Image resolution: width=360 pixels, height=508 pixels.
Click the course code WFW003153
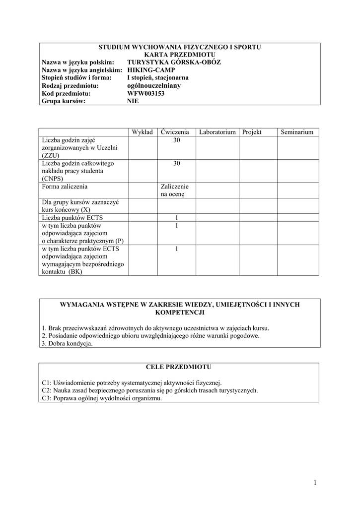(146, 93)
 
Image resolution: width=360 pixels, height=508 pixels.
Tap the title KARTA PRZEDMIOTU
(180, 55)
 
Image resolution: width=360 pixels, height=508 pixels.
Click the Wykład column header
(143, 132)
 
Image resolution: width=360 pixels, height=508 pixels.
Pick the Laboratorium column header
(217, 132)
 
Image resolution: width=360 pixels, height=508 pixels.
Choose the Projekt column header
(252, 132)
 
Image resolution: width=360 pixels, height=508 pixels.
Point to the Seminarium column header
(297, 132)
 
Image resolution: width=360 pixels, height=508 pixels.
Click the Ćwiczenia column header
(175, 132)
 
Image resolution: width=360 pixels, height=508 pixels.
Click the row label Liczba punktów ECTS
(73, 218)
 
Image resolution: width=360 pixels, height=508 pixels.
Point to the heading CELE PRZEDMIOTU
(179, 367)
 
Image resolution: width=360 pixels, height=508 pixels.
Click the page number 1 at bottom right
(315, 482)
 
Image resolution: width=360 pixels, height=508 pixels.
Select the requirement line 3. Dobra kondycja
(68, 344)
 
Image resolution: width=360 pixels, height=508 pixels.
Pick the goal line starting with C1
(132, 383)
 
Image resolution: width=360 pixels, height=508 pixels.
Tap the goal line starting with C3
(102, 398)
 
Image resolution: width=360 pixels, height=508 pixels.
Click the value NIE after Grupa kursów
(133, 101)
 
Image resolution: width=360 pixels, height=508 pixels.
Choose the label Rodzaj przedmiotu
(71, 85)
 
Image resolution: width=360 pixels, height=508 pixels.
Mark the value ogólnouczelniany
(154, 85)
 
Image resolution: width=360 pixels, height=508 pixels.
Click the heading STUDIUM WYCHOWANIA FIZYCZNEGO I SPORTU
(180, 47)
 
